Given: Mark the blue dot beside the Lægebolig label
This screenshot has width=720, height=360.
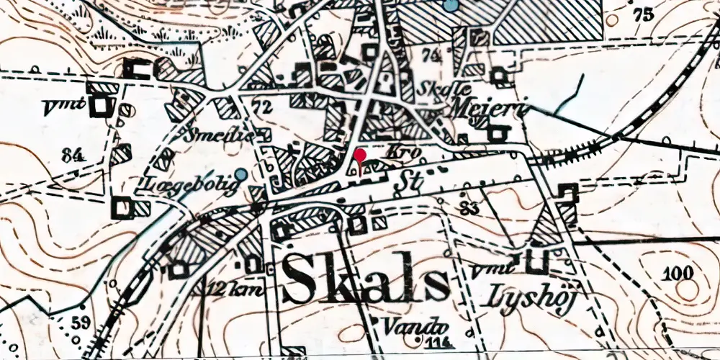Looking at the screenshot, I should click(x=241, y=174).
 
